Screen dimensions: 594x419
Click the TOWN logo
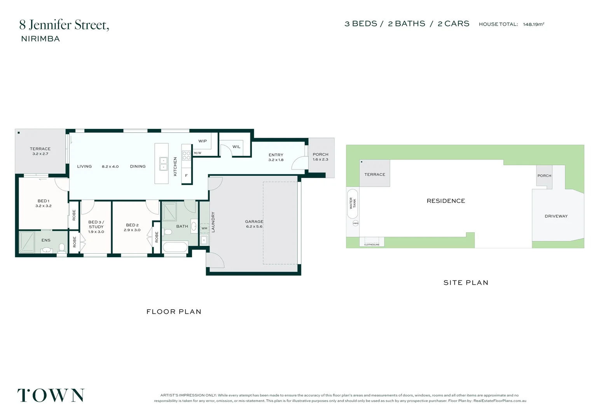51,395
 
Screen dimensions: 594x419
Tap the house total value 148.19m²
533,24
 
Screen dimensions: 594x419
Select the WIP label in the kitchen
203,141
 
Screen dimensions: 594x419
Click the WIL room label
236,147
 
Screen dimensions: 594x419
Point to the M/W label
197,153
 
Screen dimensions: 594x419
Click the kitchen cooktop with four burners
187,155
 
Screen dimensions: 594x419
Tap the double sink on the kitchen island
163,164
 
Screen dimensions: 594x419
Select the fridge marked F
187,175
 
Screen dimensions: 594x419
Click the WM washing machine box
204,228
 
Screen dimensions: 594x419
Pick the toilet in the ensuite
62,248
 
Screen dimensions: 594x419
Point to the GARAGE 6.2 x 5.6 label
254,224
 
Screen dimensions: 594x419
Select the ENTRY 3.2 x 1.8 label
276,157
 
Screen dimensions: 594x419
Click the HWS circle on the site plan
356,223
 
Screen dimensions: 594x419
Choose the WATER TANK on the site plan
353,204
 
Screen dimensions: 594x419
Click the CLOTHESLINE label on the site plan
372,245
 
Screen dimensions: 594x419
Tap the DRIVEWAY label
556,216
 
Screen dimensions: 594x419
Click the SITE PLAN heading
466,283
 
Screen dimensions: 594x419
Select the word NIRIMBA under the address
40,39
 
